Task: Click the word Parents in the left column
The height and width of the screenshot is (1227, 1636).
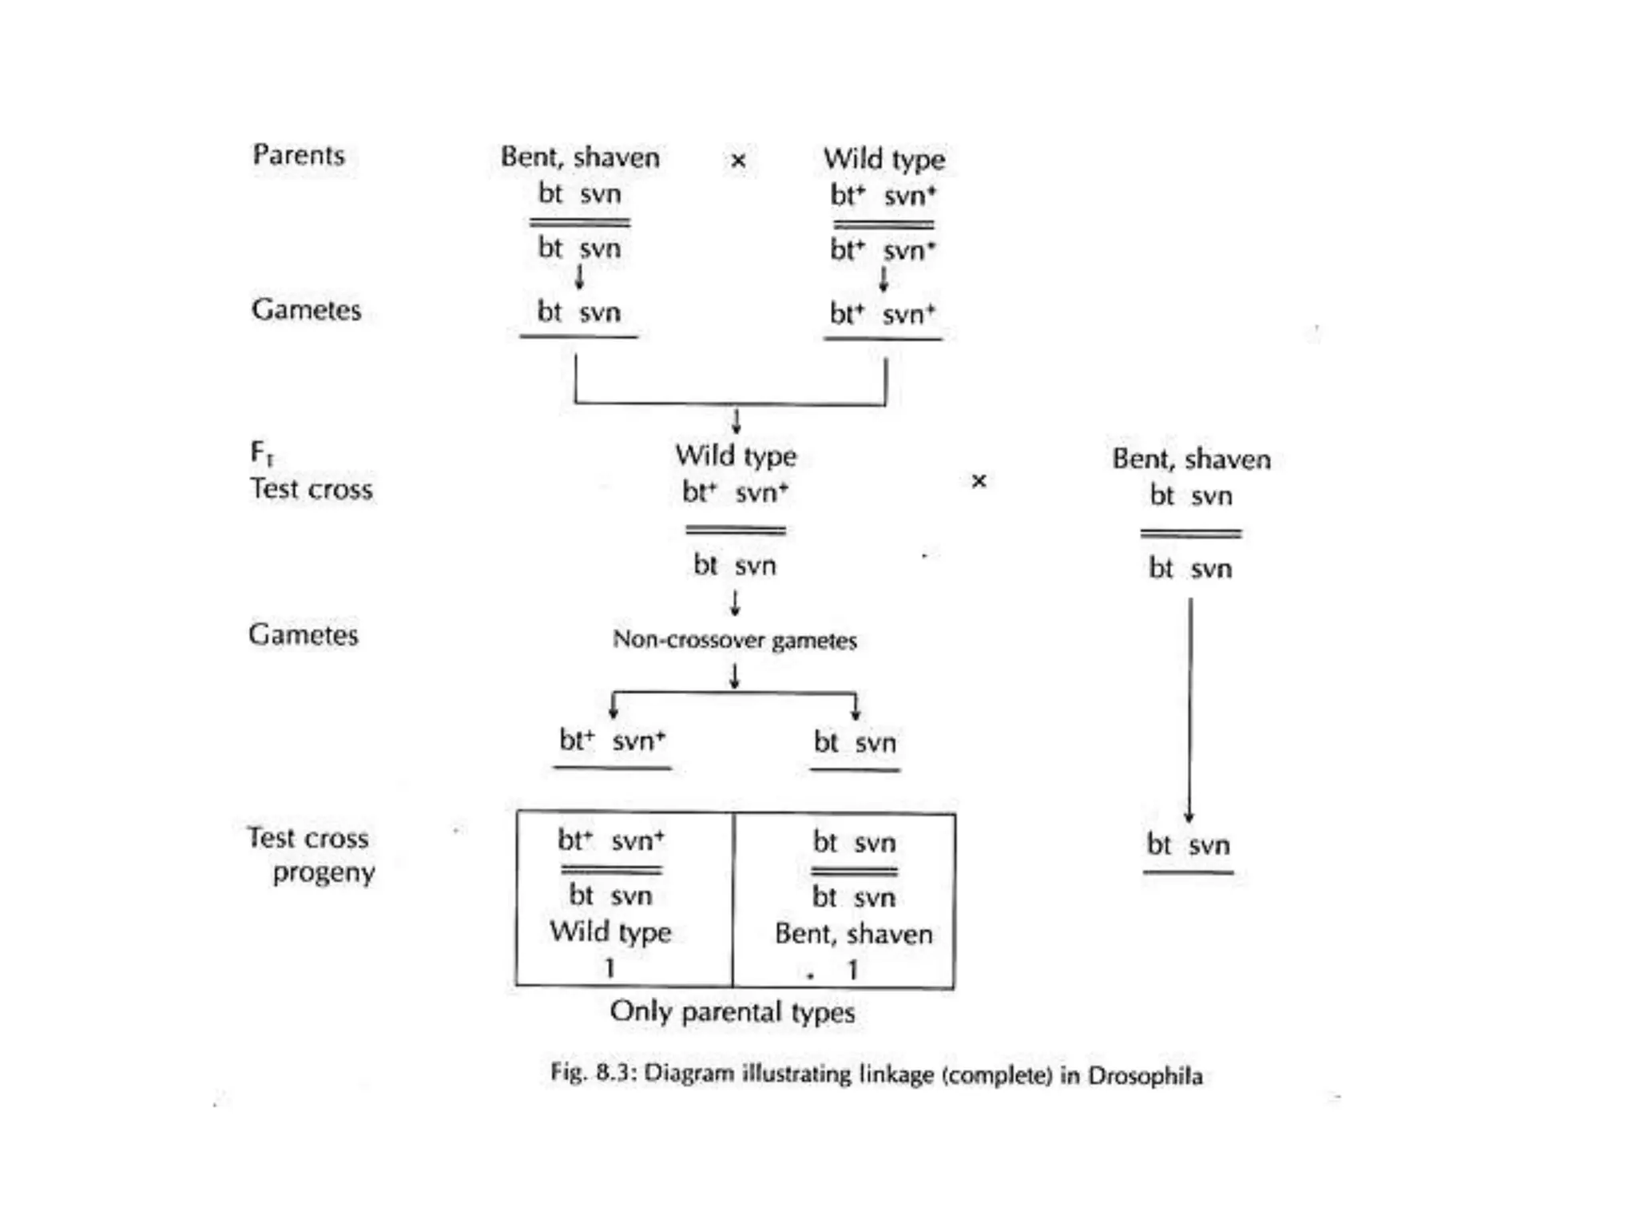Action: (x=298, y=154)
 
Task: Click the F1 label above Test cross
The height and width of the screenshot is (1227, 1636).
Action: (x=261, y=454)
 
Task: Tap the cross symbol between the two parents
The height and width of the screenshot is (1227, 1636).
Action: (x=738, y=161)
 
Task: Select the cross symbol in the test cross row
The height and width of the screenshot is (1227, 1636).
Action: (x=979, y=481)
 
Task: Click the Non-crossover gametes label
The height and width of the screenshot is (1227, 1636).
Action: (x=734, y=640)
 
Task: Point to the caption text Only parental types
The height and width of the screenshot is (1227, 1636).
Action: (x=732, y=1012)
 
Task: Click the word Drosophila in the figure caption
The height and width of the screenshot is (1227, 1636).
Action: (x=1145, y=1075)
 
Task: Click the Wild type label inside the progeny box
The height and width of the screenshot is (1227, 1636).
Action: (x=610, y=931)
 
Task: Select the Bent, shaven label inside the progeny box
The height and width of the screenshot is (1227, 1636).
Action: (x=853, y=934)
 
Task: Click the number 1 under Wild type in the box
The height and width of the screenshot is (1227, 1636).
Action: (x=610, y=968)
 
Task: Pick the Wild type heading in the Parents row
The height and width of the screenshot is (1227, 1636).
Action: (x=884, y=159)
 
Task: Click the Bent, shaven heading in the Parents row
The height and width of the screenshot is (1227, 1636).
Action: (x=580, y=157)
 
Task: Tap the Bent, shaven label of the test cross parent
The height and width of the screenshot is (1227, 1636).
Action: (x=1190, y=459)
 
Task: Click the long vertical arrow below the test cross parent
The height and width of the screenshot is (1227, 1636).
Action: (x=1189, y=711)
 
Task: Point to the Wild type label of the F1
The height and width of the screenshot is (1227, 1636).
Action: (x=735, y=455)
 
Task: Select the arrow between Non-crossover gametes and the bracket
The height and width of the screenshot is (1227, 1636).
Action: (x=734, y=676)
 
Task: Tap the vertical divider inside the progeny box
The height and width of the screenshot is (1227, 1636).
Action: (x=733, y=899)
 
